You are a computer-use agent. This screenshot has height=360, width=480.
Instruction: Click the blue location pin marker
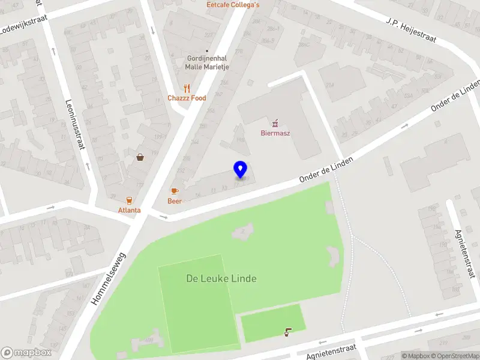pos(241,170)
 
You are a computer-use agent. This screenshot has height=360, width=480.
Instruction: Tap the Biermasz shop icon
pos(275,123)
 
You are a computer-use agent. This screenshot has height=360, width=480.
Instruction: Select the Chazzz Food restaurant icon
pos(187,88)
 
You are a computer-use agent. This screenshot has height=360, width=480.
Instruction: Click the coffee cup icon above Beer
pos(175,191)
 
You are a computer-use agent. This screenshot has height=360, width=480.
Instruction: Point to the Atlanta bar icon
pos(129,200)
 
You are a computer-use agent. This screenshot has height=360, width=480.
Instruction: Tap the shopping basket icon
pos(140,157)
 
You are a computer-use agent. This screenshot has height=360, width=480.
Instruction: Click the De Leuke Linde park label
pos(221,278)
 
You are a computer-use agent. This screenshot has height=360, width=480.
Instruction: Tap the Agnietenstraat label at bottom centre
pos(331,351)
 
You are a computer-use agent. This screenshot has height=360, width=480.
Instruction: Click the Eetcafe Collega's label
pos(233,5)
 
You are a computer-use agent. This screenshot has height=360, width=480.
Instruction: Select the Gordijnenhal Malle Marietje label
pos(207,62)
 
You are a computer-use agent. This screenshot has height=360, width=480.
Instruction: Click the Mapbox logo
pos(26,353)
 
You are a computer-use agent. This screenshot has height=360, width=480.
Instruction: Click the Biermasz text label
pos(275,133)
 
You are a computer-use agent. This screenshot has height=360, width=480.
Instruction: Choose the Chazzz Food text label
pos(187,98)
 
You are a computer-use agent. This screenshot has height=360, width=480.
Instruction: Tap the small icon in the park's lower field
pos(289,331)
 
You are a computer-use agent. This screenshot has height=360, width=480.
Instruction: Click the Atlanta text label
pos(129,210)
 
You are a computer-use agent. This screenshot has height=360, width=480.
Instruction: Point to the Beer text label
pos(175,201)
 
